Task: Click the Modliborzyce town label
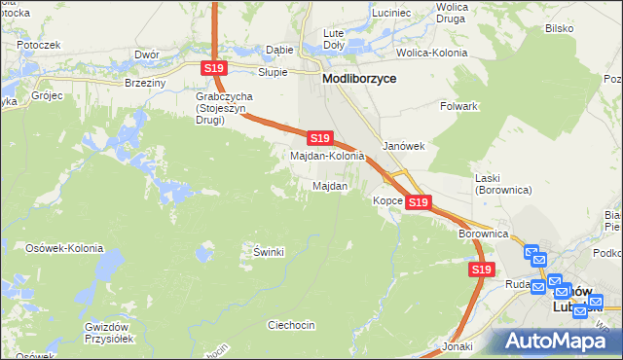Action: click(365, 80)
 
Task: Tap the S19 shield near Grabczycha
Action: click(215, 68)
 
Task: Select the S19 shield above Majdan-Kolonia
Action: click(320, 139)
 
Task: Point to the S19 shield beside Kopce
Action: click(419, 202)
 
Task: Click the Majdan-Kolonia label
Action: click(328, 156)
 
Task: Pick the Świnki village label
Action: click(269, 252)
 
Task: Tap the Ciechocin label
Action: click(291, 324)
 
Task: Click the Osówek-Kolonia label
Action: click(64, 248)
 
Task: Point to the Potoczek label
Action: click(38, 45)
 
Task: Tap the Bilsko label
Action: click(559, 29)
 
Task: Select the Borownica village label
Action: click(484, 234)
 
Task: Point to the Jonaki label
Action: click(457, 346)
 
